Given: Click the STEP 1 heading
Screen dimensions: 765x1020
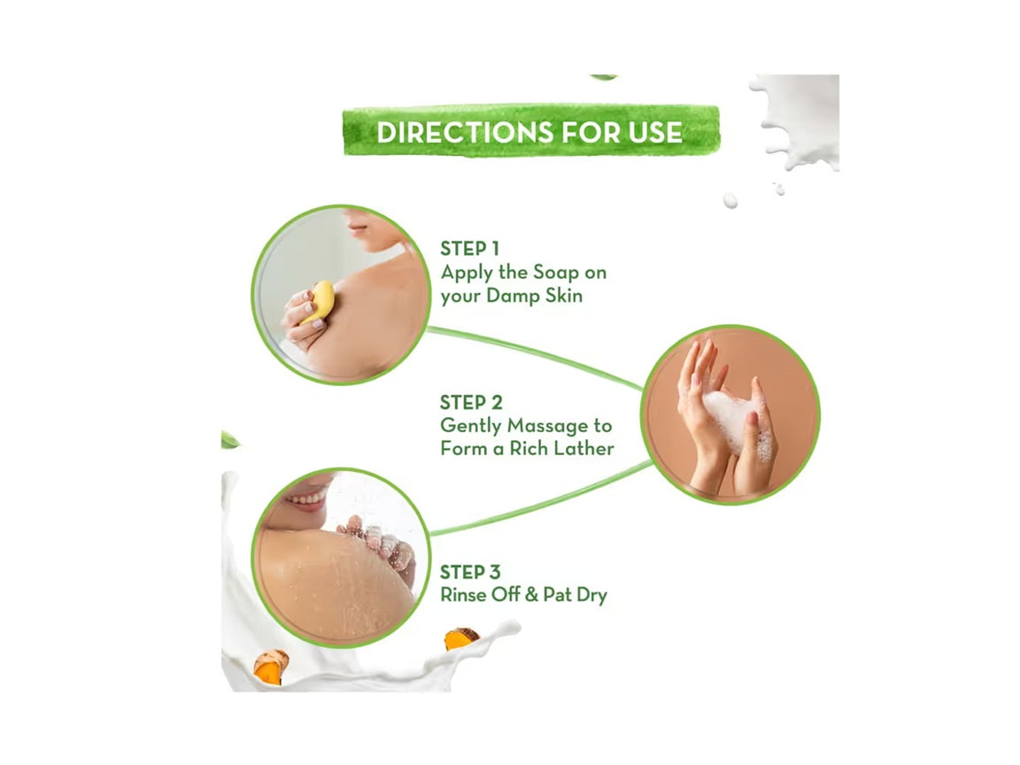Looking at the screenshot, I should tap(469, 249).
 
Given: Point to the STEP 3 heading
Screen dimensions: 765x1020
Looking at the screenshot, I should tap(469, 572).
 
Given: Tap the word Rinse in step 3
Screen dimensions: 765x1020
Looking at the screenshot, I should tap(464, 595).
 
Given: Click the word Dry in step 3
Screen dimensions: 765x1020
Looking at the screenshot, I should tap(589, 595).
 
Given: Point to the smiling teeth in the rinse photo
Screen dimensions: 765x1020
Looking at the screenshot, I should tap(309, 498).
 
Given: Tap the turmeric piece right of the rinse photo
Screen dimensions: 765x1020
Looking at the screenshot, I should tap(460, 637).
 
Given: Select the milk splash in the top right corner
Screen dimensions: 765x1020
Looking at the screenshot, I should tap(797, 120).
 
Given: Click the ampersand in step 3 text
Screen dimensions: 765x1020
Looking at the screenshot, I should tap(531, 595).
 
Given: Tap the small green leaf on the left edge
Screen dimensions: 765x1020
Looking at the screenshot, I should tap(228, 439).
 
